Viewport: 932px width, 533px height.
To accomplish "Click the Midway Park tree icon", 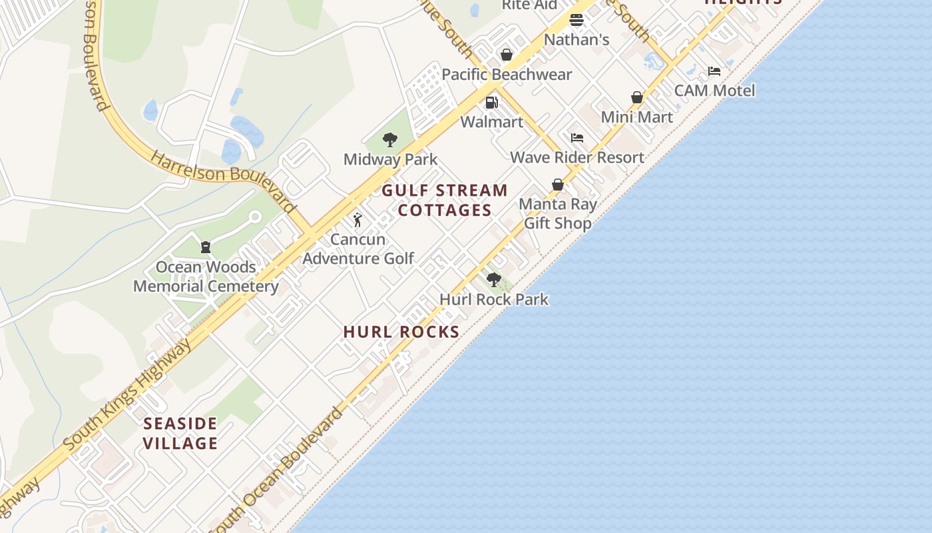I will [x=390, y=140].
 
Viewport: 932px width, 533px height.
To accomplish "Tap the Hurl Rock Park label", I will [x=494, y=299].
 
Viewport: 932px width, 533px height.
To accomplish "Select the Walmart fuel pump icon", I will [x=492, y=103].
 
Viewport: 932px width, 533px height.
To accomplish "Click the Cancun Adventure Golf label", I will [x=358, y=249].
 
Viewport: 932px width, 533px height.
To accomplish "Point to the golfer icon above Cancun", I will [x=357, y=220].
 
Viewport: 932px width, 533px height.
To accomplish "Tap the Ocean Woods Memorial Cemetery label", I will [x=206, y=276].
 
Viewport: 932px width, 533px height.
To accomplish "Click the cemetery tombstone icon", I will [x=206, y=247].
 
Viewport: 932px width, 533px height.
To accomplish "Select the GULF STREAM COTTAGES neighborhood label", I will [x=445, y=200].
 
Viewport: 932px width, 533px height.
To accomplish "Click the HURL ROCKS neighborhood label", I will [x=401, y=332].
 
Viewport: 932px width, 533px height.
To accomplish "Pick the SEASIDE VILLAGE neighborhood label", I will [x=180, y=433].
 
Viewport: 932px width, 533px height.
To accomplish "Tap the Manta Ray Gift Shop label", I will [x=558, y=213].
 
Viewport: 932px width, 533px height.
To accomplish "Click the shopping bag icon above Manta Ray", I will [x=558, y=185].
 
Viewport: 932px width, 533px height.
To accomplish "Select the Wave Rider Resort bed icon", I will [x=577, y=138].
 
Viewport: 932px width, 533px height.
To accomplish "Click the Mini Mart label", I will [x=636, y=117].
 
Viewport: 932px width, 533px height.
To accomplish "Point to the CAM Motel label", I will [x=714, y=91].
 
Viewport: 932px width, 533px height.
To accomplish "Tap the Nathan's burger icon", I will [x=577, y=20].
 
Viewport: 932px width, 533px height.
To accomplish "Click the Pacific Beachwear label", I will [x=507, y=75].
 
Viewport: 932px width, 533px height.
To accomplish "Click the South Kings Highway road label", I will [x=126, y=396].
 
